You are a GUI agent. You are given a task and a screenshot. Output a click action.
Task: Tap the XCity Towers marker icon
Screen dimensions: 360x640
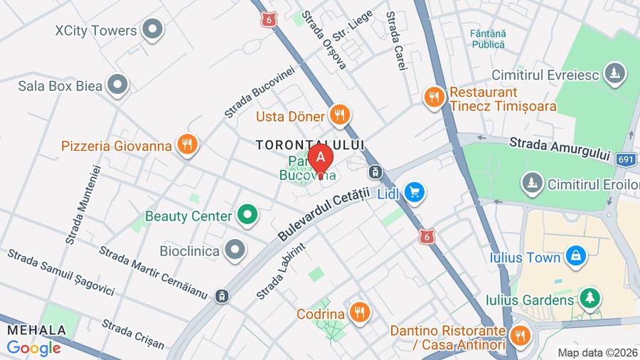click(x=152, y=30)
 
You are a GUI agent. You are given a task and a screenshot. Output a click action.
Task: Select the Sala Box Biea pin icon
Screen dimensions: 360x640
click(x=117, y=85)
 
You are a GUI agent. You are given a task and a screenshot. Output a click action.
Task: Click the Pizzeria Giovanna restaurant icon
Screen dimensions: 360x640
click(x=187, y=145)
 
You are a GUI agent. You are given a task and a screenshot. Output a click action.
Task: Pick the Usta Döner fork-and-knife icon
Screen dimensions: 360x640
click(x=340, y=115)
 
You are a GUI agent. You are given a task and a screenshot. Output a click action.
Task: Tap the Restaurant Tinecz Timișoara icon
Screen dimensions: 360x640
click(x=434, y=97)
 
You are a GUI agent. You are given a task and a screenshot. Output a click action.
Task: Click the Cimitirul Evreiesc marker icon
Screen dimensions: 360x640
click(x=614, y=73)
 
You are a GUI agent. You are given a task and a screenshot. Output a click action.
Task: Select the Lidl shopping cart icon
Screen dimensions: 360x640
click(x=415, y=191)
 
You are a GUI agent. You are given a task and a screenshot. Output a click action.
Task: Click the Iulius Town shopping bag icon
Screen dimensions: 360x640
click(x=575, y=255)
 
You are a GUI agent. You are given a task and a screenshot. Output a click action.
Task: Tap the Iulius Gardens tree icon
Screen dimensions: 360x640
click(x=590, y=298)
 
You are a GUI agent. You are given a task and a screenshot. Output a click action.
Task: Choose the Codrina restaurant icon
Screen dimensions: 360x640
click(x=361, y=312)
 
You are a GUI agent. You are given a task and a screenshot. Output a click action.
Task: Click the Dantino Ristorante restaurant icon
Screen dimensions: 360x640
click(x=521, y=334)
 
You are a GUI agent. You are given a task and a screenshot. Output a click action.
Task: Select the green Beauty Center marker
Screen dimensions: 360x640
click(x=247, y=214)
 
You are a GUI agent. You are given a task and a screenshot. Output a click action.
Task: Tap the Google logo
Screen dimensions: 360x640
click(x=33, y=348)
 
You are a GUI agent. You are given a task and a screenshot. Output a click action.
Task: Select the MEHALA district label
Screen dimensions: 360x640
click(x=36, y=330)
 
